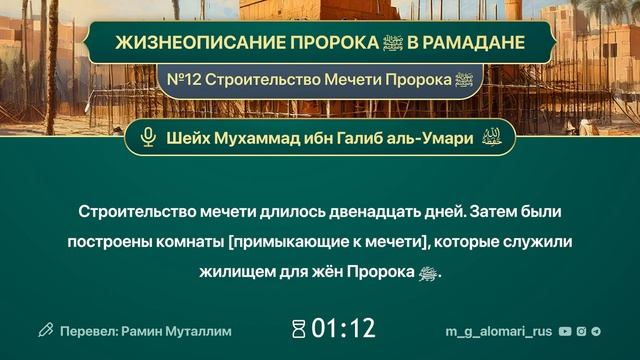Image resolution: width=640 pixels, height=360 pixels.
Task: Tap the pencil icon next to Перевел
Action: (45, 329)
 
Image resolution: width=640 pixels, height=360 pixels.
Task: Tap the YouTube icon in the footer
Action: (566, 329)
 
